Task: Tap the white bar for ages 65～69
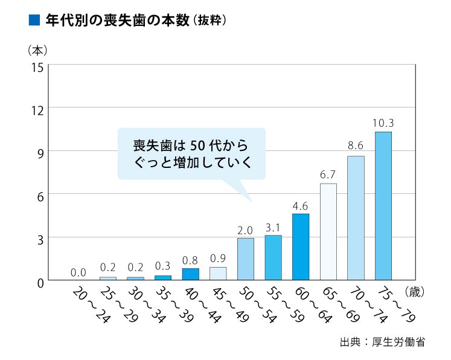click(328, 231)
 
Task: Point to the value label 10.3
click(383, 123)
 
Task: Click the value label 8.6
click(356, 146)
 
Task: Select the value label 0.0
click(78, 272)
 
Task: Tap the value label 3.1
click(273, 227)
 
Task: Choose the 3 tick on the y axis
click(39, 238)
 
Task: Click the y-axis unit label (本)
click(37, 48)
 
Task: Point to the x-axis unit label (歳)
click(416, 291)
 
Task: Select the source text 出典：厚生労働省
click(382, 342)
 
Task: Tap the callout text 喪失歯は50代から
click(191, 146)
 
